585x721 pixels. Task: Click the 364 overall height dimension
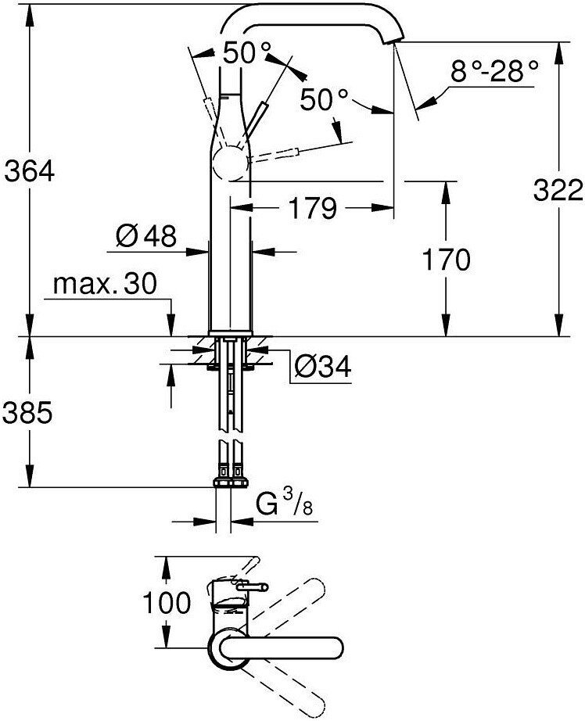29,170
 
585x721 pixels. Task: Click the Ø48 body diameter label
145,235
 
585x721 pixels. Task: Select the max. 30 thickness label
105,284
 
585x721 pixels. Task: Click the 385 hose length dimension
29,412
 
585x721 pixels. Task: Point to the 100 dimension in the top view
167,602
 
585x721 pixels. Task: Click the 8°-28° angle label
494,73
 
